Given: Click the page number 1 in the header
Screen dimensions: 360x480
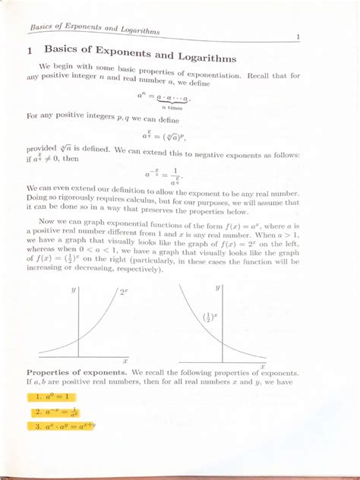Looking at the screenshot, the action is click(x=298, y=36).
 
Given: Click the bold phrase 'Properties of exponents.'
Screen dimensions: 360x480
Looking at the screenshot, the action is click(x=76, y=373).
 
